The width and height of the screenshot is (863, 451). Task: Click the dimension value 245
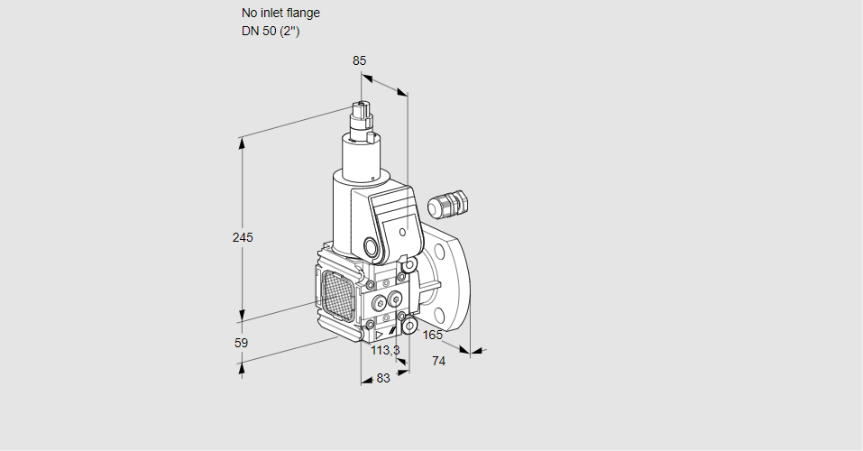pos(243,237)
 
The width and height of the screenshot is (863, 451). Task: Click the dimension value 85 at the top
pos(359,60)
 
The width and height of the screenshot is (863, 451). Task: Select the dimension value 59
pos(241,343)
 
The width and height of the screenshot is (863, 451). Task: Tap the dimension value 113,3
pos(385,350)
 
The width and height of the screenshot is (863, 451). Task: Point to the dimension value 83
pos(383,378)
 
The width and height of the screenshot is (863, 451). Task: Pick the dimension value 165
pos(433,336)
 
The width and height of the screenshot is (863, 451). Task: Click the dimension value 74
pos(439,361)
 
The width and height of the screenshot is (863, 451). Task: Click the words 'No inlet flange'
pos(280,13)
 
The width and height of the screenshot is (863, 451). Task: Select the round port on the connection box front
pos(371,246)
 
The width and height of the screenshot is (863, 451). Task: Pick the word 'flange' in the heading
pos(303,13)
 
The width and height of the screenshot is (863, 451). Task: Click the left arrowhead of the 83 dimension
pos(364,382)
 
